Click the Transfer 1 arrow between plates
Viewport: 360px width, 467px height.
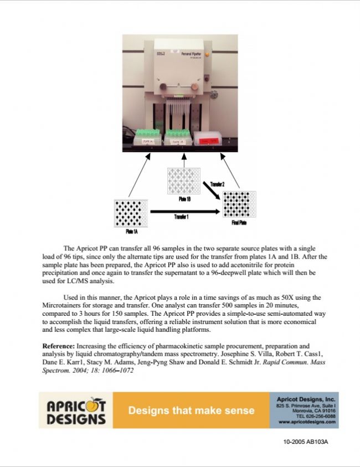[183, 211]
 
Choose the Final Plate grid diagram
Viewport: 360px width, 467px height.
[239, 204]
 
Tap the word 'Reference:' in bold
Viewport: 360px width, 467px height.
[59, 346]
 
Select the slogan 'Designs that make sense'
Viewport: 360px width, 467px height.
[191, 410]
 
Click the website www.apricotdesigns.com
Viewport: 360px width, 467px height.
[307, 422]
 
